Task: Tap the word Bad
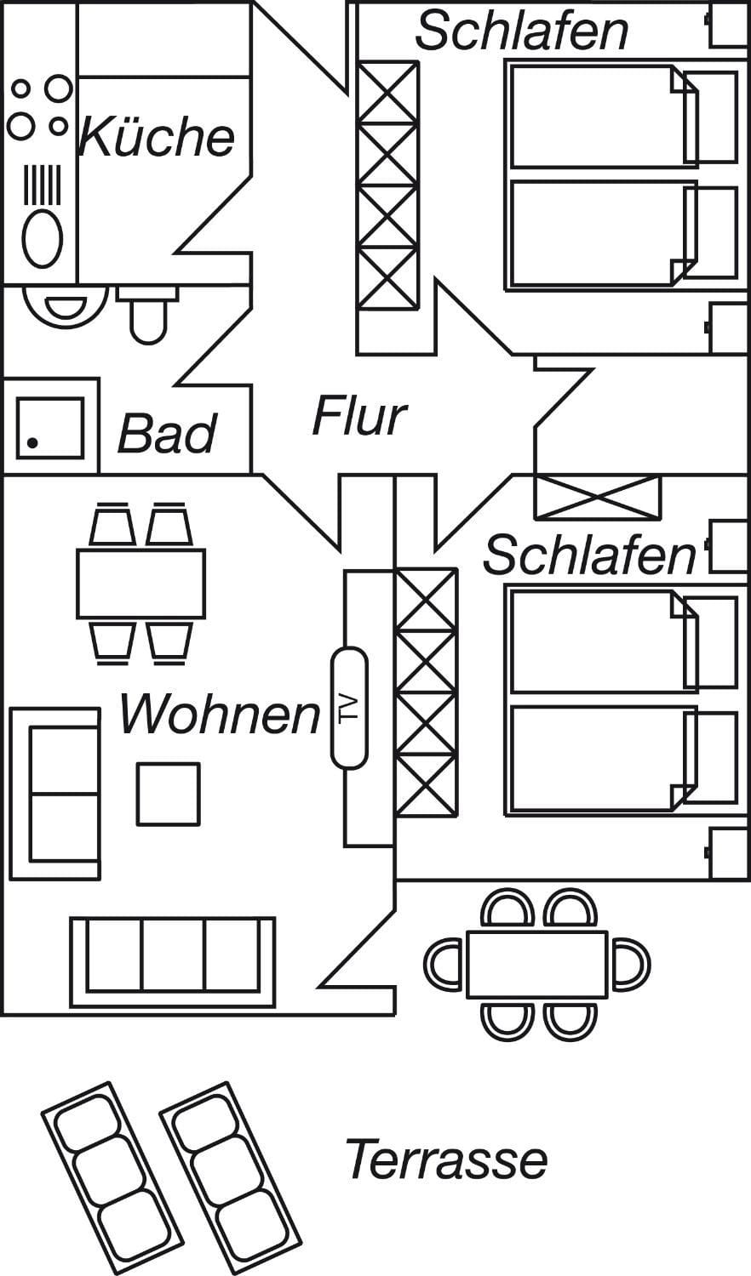tap(167, 434)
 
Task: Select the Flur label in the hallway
tap(358, 417)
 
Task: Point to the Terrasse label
tap(446, 1159)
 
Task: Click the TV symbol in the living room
tap(350, 708)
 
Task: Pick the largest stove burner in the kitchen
tap(57, 87)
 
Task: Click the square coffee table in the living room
tap(169, 794)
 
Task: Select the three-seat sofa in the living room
tap(173, 962)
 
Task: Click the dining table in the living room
tap(141, 584)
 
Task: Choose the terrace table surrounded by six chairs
tap(536, 964)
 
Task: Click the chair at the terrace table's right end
tap(631, 965)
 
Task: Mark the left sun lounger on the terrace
tap(112, 1178)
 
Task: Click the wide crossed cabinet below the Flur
tap(597, 498)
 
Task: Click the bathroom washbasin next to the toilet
tap(65, 306)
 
